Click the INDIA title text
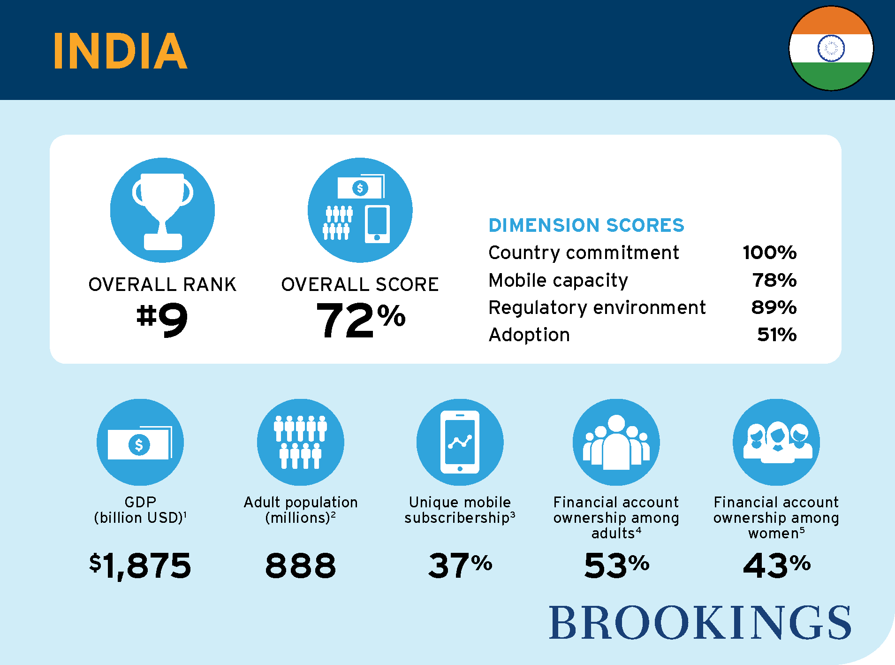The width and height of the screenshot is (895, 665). click(120, 51)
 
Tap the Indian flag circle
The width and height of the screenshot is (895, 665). click(831, 48)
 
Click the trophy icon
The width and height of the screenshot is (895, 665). click(162, 210)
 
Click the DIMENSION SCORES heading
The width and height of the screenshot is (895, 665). click(586, 225)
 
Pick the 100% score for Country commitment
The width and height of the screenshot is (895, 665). click(769, 252)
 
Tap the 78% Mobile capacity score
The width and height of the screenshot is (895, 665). click(774, 280)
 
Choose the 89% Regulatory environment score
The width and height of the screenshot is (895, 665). click(774, 307)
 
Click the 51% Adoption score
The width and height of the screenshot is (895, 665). click(776, 335)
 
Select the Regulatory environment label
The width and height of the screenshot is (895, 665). click(597, 307)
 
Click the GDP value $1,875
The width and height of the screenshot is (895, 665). click(140, 566)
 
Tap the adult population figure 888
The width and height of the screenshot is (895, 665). click(301, 566)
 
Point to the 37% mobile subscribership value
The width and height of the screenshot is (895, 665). click(460, 565)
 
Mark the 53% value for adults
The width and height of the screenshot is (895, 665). click(616, 565)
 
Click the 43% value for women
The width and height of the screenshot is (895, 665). click(776, 565)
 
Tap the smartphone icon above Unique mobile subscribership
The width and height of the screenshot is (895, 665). click(460, 442)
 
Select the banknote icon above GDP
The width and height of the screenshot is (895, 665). click(140, 443)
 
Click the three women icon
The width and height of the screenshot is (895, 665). click(776, 442)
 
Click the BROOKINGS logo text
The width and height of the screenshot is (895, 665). click(700, 623)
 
